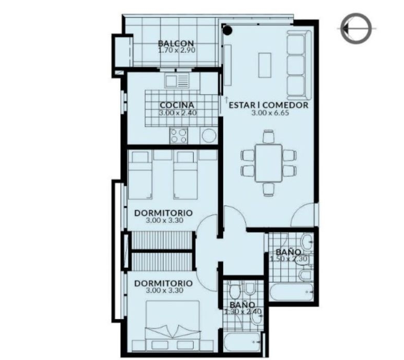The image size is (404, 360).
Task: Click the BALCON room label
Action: coord(176,44)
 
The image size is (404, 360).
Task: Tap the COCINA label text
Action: coord(177,105)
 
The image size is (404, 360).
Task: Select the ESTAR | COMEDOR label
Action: coord(268,105)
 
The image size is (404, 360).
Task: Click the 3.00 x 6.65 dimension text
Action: coord(270,113)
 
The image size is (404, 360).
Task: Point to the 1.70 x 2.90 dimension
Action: coord(177,50)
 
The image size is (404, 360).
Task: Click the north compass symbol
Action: coord(356,28)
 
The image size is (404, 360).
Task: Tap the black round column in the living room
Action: coord(227,31)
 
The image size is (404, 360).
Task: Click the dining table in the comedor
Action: coord(268,163)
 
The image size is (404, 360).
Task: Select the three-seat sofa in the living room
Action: coord(299,65)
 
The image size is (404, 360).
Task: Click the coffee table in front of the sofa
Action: coord(265,65)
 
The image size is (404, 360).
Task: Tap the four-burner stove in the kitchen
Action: coord(179,136)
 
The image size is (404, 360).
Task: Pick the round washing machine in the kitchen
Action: coord(209,136)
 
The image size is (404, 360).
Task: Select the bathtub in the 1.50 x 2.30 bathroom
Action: coord(292,292)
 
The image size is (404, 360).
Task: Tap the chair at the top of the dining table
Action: coord(268,136)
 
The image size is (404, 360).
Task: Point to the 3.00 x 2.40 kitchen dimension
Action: coord(178,113)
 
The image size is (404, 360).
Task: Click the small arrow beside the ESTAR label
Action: coord(226,99)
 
